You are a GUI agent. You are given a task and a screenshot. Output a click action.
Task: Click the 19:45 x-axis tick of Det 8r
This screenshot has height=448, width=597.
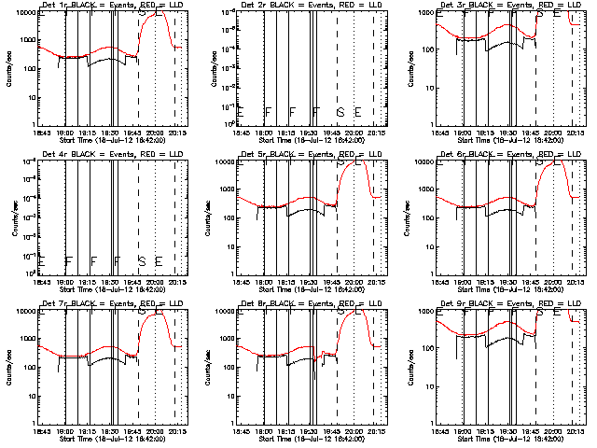(x=335, y=432)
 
